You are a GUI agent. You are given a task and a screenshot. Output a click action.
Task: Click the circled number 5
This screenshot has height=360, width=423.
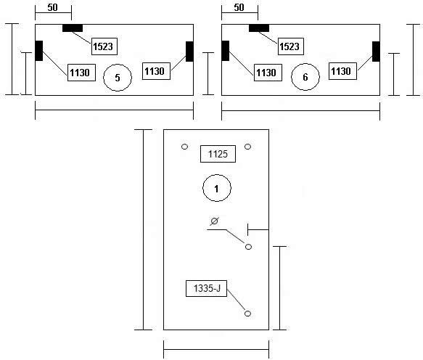[118, 78]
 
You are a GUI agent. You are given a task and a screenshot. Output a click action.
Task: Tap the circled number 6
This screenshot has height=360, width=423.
[305, 77]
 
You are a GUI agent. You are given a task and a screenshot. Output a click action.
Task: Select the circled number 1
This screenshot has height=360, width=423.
[217, 188]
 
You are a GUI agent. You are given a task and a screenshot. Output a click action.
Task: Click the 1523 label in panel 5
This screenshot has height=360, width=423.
[104, 46]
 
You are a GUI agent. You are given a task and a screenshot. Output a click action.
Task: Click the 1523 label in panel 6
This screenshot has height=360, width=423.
[290, 46]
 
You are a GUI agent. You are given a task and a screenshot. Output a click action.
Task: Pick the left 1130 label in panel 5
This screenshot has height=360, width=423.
[81, 73]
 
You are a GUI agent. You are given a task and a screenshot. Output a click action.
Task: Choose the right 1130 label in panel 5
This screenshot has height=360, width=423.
[156, 71]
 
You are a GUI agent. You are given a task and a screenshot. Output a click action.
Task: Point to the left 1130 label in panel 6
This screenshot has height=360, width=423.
[268, 73]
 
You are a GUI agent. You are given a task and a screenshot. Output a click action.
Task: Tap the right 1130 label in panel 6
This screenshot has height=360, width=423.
[342, 71]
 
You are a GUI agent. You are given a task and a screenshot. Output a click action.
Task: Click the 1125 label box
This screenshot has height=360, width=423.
[218, 154]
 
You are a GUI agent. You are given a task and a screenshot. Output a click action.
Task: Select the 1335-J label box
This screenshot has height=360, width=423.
[206, 288]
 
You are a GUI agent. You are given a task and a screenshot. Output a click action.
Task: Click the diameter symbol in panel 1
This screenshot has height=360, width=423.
[215, 221]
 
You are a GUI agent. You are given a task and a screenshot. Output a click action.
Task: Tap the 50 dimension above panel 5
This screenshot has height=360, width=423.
[53, 7]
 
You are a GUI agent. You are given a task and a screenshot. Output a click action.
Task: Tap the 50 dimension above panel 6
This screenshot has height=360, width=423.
[239, 7]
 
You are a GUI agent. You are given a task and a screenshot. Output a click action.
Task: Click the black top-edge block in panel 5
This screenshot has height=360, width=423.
[73, 28]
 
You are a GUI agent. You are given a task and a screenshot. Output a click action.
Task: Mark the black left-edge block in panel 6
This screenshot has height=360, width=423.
[226, 51]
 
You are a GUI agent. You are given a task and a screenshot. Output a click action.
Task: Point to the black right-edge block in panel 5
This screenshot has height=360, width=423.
[189, 52]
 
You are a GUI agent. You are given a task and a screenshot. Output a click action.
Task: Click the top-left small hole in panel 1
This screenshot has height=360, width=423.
[184, 147]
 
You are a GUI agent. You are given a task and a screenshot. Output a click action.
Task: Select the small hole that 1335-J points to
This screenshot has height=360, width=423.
[247, 314]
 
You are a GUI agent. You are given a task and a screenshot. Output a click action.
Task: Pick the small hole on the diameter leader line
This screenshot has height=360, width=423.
[248, 247]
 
